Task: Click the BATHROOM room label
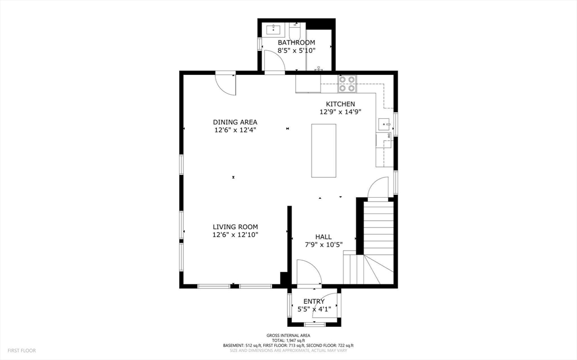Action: (296, 42)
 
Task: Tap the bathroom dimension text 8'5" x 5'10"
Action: (296, 50)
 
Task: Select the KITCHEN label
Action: (340, 104)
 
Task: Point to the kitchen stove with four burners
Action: (347, 84)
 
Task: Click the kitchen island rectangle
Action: (323, 150)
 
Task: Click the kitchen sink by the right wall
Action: (385, 123)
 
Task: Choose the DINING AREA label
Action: (235, 122)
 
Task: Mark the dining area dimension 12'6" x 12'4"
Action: (235, 130)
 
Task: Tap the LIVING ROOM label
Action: (235, 226)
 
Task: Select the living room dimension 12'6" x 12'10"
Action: (235, 234)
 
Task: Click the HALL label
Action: (323, 237)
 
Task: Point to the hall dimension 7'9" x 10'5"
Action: (323, 245)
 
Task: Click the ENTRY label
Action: (314, 301)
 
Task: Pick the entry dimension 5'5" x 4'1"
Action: (314, 309)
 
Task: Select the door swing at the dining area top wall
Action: (227, 83)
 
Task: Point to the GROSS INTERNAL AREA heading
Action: (288, 335)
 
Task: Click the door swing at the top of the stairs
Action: (378, 189)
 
